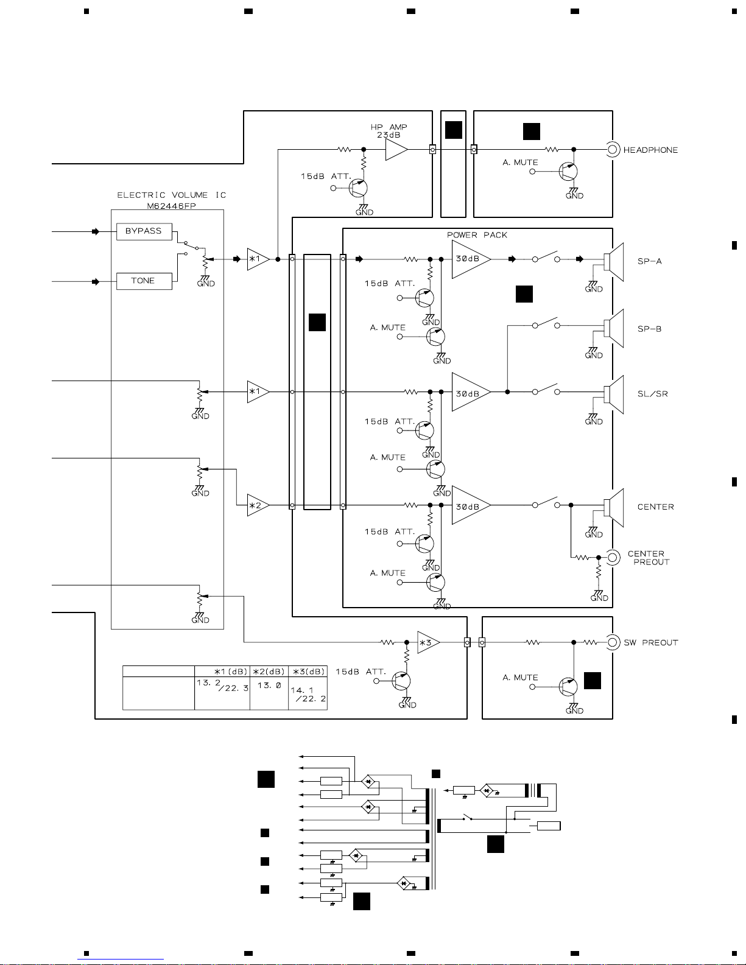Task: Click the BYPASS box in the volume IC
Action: pos(144,231)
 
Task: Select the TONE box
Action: pos(144,281)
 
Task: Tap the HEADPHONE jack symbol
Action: pos(613,150)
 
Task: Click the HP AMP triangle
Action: pos(396,150)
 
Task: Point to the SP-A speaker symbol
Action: pos(614,262)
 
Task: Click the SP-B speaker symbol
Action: pos(614,328)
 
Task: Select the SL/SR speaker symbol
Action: pos(614,395)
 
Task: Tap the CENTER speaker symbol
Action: pos(614,508)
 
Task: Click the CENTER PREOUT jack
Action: pos(613,557)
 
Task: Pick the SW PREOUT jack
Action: pos(613,642)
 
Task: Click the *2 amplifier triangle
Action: pos(258,505)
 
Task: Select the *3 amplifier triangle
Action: pos(428,642)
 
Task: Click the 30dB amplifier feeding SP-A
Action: pos(471,259)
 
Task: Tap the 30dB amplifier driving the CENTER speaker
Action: pos(471,505)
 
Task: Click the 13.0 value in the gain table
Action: pos(269,685)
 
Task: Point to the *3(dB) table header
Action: pos(308,671)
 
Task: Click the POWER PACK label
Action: pos(477,235)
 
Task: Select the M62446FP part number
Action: pos(171,206)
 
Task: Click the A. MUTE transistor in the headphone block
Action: pos(568,172)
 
